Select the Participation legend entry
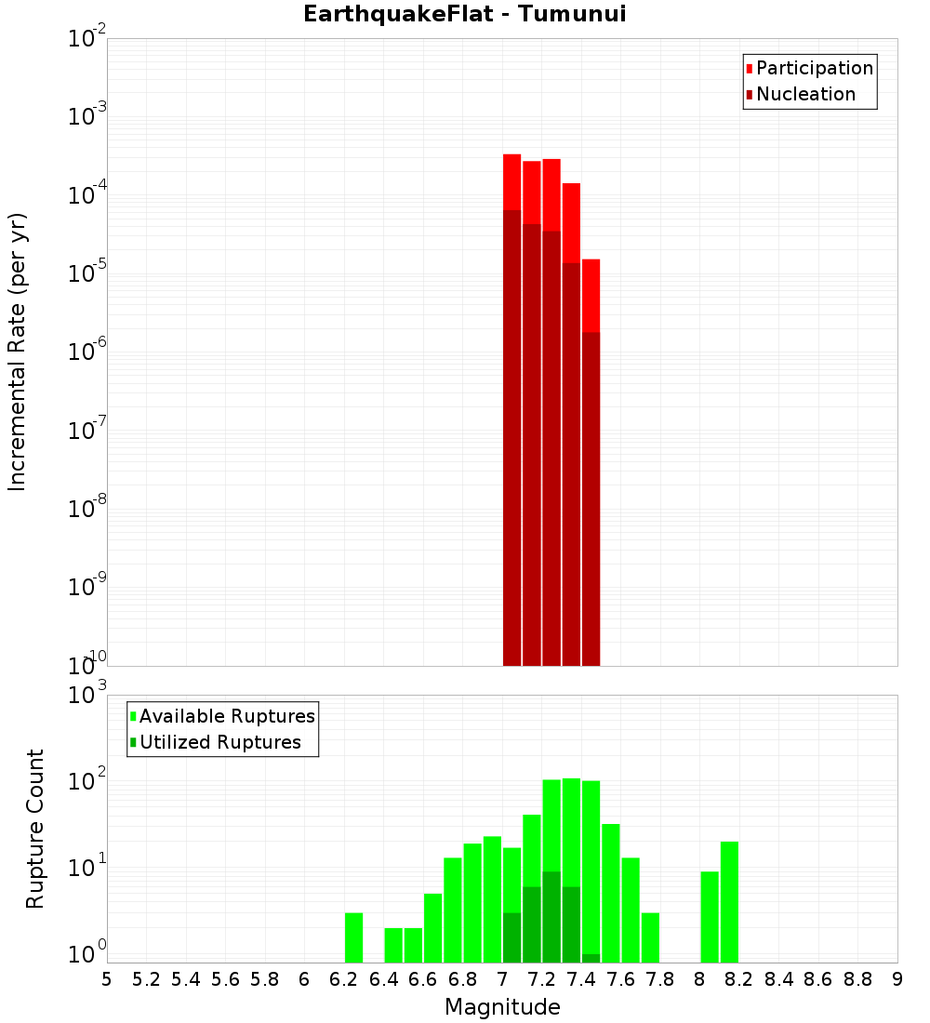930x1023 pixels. pos(814,68)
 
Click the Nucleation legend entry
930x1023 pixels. pos(804,94)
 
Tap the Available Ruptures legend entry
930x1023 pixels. pos(226,716)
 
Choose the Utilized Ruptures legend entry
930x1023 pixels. pos(219,742)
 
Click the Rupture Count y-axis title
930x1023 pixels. pos(35,828)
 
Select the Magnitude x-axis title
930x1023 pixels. pos(502,1007)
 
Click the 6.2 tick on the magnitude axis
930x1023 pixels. pos(344,978)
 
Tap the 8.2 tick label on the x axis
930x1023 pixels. pos(739,978)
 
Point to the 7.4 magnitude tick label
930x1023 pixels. pos(581,978)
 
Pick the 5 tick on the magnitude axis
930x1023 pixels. pos(107,978)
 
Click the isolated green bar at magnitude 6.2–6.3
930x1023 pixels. pos(353,937)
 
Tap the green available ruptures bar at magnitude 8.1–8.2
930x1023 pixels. pos(729,902)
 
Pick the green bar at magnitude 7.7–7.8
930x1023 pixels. pos(650,937)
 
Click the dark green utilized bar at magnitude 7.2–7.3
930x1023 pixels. pos(551,916)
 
